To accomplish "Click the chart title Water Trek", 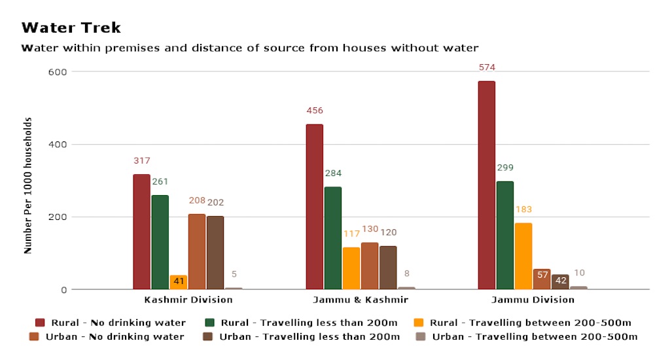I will click(x=71, y=28).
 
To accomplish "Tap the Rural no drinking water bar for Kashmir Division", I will click(x=141, y=232).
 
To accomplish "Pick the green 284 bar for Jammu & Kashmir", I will click(x=332, y=238).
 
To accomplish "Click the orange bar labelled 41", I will click(x=178, y=282).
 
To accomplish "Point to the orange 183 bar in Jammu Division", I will click(x=523, y=256).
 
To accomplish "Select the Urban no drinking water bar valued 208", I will click(x=196, y=251).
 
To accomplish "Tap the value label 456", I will click(x=315, y=111).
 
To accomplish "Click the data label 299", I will click(x=505, y=168).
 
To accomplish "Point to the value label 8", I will click(x=406, y=274).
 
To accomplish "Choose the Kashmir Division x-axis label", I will click(x=188, y=300).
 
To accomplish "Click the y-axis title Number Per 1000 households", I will click(x=28, y=186).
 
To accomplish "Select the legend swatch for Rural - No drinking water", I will click(x=40, y=323).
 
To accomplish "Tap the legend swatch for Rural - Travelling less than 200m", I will click(x=211, y=323).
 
